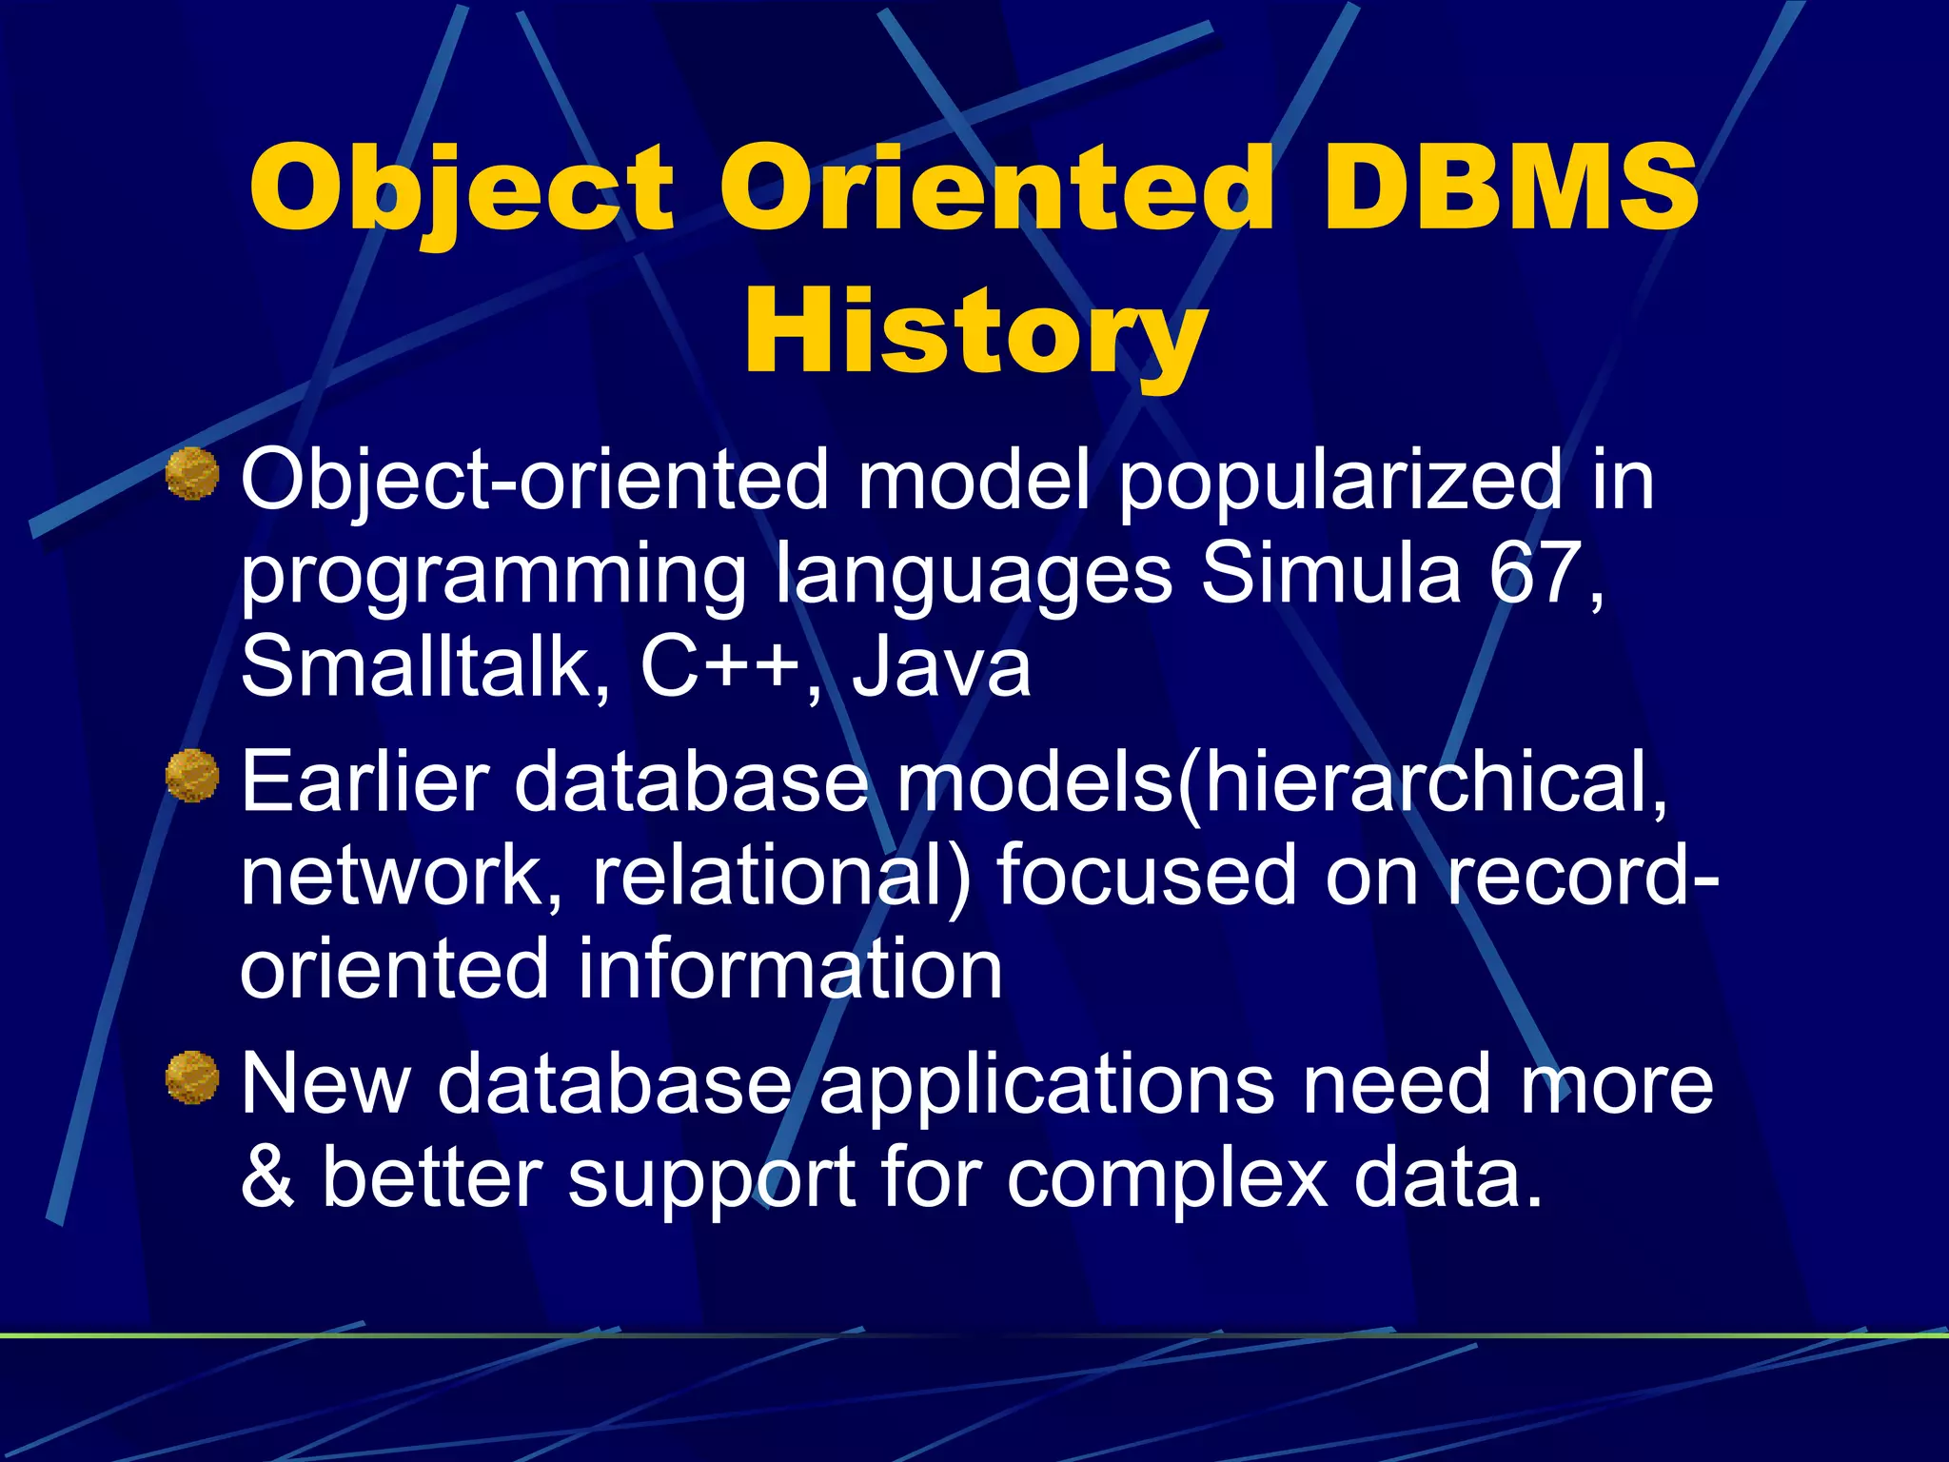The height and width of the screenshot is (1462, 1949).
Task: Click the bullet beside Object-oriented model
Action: [x=192, y=474]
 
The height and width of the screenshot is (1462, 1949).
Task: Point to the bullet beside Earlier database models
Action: [x=192, y=776]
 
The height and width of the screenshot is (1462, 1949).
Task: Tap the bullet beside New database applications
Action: [x=192, y=1077]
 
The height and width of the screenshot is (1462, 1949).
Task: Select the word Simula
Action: [x=1330, y=574]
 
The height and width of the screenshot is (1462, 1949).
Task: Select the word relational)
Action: [x=781, y=876]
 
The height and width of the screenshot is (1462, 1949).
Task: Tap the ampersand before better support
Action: [x=267, y=1176]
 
